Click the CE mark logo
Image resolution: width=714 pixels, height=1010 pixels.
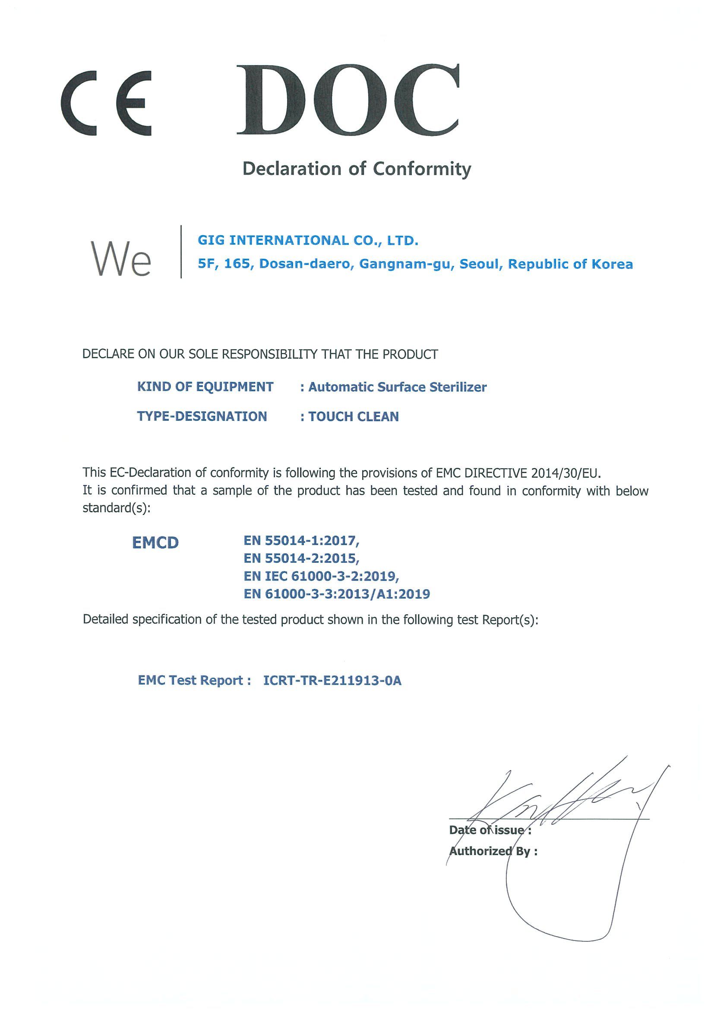107,102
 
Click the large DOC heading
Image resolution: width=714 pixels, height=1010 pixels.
348,100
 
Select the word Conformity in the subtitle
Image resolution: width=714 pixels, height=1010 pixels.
422,168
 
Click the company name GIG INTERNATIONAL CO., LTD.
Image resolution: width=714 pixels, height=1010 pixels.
308,240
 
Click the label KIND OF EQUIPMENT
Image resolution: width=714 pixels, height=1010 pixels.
205,387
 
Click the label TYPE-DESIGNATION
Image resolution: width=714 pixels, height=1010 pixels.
202,416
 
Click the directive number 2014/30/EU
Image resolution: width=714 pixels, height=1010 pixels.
566,473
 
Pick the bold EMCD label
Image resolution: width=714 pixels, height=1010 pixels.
155,543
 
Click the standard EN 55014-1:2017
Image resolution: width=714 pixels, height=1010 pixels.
301,540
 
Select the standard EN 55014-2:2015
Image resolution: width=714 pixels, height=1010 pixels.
301,558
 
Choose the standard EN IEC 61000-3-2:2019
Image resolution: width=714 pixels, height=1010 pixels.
321,576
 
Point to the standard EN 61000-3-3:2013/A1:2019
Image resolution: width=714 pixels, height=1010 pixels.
337,594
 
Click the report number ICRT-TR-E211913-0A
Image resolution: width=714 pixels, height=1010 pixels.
332,681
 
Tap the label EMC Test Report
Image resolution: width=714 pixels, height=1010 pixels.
194,681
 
